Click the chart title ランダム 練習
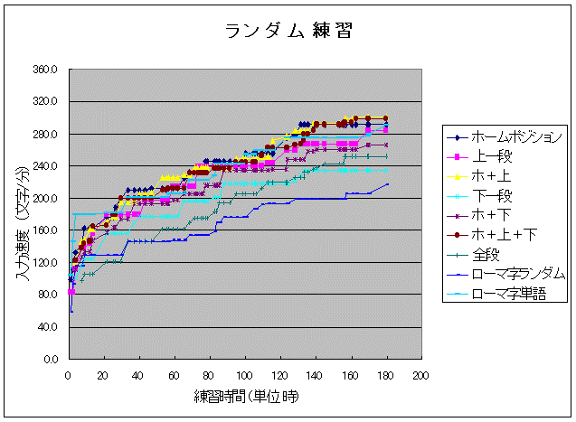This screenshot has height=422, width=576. (x=288, y=31)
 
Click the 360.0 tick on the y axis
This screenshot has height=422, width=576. (x=45, y=70)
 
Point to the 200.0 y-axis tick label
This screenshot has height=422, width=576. (x=45, y=199)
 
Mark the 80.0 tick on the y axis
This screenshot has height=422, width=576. (x=47, y=295)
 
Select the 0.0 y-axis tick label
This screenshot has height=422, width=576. (x=51, y=360)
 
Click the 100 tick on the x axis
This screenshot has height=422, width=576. (x=244, y=375)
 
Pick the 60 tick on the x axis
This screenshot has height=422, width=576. (x=174, y=375)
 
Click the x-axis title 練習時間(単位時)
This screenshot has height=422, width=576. (x=245, y=397)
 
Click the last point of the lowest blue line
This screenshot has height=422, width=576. (x=387, y=184)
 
